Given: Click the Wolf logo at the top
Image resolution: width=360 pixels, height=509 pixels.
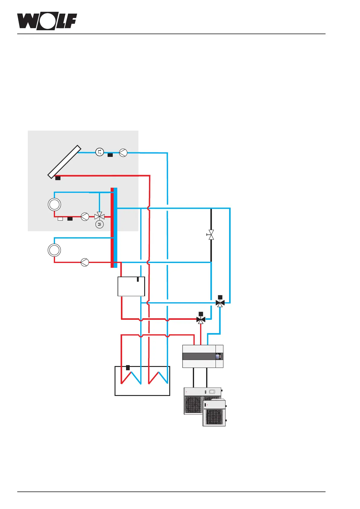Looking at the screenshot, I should pos(47,21).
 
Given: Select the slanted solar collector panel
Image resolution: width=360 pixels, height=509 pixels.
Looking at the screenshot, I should pos(64,162).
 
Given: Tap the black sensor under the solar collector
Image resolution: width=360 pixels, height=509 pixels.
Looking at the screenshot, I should pos(58,178).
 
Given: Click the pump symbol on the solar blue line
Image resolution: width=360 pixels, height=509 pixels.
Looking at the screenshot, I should pos(123,153).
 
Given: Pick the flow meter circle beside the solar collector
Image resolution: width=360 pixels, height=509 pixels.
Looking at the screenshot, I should pos(100,152).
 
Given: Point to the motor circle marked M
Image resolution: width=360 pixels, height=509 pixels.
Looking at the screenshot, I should pos(99,224).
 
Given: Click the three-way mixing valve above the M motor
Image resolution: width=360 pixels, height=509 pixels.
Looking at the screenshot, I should pos(99,216).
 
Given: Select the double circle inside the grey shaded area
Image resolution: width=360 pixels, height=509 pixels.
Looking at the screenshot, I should pos(54,205).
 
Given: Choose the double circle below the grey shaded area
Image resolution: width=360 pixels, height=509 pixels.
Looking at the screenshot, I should pos(54,250).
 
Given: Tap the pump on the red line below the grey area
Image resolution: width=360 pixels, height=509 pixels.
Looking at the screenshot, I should pos(85,262).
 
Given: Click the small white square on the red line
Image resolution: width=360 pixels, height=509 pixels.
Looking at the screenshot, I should pos(60,219).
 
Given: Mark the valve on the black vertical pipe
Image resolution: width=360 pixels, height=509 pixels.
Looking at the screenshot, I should pos(211,235).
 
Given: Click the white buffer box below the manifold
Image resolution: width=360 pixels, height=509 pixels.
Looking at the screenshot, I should pos(131,287).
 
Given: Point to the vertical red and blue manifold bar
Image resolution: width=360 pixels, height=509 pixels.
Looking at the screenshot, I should pos(114,228).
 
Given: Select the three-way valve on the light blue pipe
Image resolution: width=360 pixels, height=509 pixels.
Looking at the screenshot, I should pos(220,303).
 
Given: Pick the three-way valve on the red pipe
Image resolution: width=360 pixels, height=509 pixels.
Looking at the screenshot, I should pos(201,319).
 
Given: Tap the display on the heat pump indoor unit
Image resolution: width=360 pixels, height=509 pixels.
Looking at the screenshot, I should pos(219,356).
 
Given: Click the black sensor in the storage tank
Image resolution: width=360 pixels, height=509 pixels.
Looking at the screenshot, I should pos(128,368).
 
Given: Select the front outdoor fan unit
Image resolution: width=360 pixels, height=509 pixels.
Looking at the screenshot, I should pos(214,413).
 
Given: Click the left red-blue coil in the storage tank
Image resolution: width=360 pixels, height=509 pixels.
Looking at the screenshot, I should pos(131,378).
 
